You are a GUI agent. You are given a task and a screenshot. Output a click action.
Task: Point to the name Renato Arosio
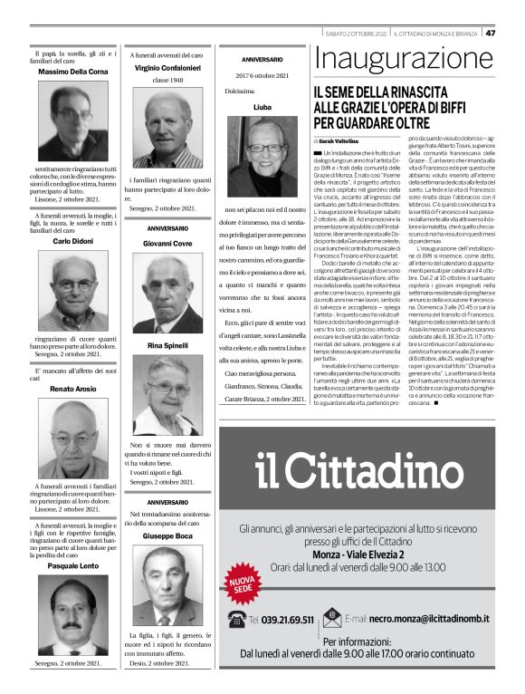[x=74, y=389]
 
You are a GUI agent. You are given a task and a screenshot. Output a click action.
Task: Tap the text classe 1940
[x=167, y=80]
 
